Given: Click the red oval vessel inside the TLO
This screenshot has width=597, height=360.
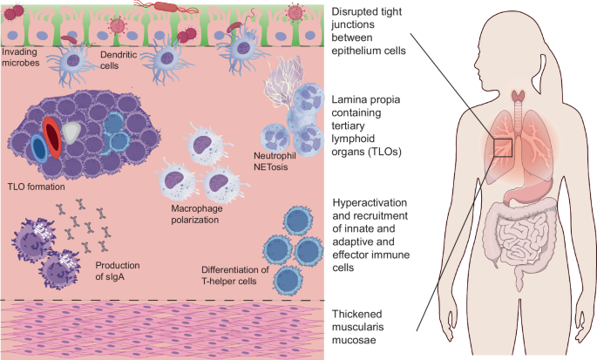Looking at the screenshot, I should [52, 139].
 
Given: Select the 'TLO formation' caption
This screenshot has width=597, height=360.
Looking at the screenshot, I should [36, 185].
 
